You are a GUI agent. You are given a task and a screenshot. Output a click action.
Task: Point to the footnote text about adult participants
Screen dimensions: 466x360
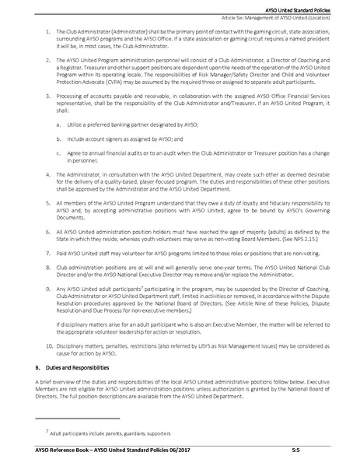110,433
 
